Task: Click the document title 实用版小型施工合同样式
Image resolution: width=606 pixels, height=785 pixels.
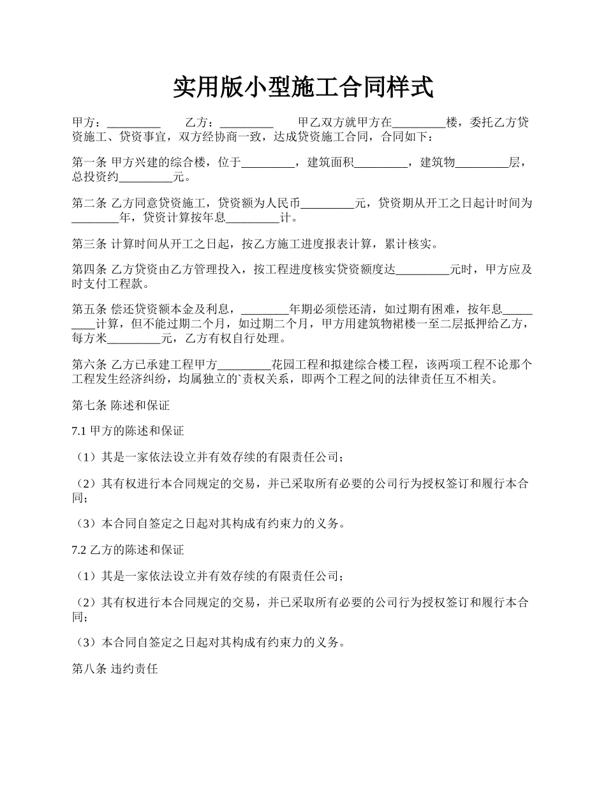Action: click(x=303, y=87)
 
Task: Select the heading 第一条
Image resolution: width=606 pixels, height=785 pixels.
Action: click(x=89, y=163)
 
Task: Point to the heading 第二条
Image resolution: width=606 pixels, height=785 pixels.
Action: click(x=89, y=204)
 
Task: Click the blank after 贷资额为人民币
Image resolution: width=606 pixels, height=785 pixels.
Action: click(x=327, y=204)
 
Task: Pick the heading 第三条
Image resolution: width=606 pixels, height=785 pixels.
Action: click(x=89, y=244)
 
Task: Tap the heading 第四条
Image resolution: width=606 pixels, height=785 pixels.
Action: click(x=89, y=270)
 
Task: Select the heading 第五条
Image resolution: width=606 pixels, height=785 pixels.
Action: click(x=89, y=310)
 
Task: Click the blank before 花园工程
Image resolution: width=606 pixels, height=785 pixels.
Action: click(x=244, y=366)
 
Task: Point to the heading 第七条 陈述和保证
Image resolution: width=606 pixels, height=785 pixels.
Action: click(x=121, y=405)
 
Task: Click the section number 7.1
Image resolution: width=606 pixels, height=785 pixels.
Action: click(x=79, y=431)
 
